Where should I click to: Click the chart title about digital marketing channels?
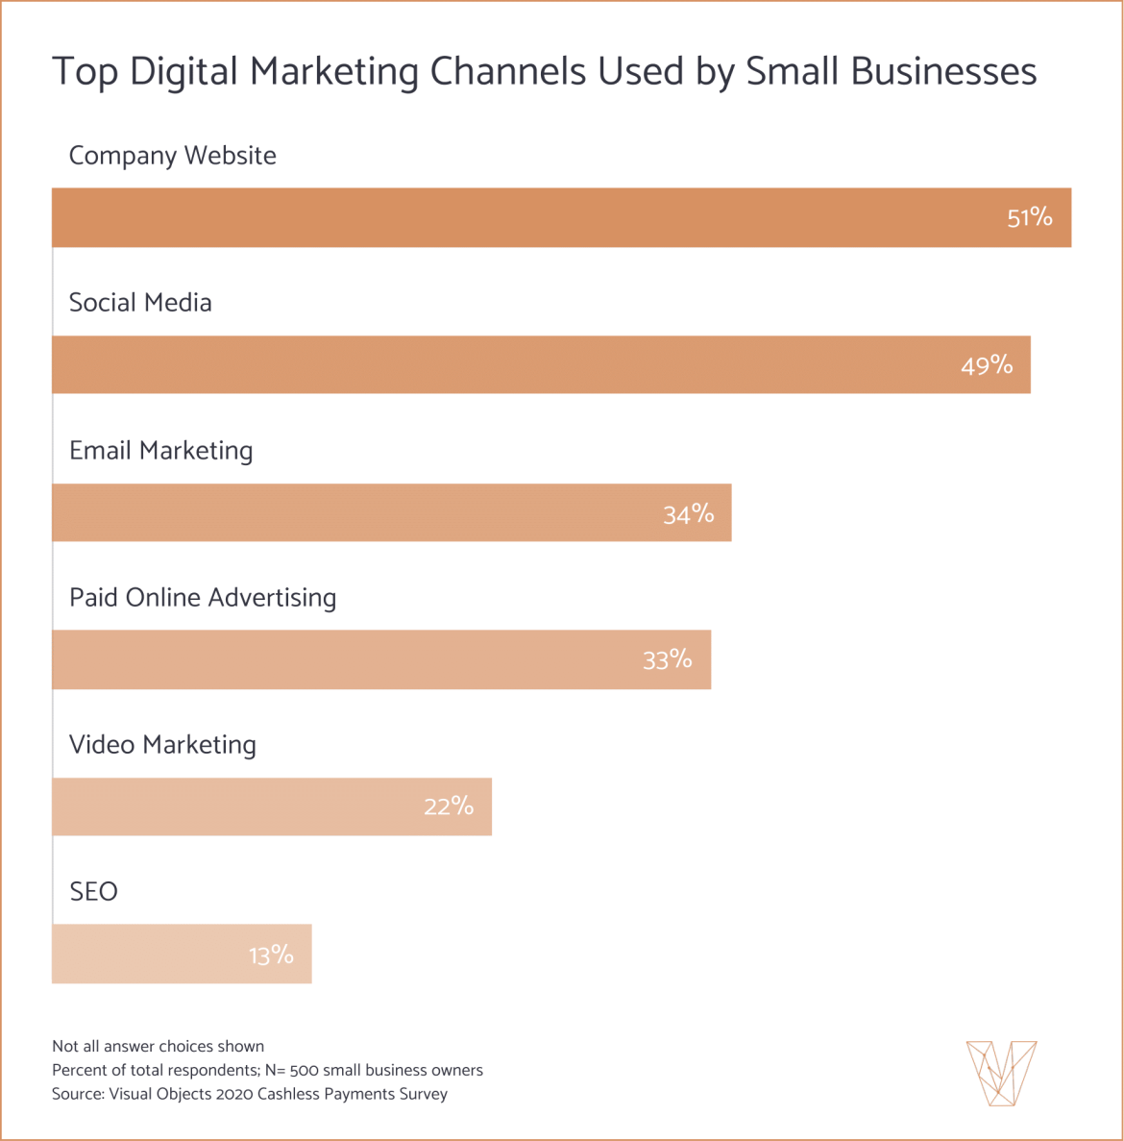tap(544, 72)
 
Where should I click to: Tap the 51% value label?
tap(1029, 217)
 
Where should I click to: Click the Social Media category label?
tap(140, 303)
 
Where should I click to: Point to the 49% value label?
tap(987, 365)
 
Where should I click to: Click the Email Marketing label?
tap(160, 451)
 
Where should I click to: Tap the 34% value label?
tap(688, 514)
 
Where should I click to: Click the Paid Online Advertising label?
tap(203, 598)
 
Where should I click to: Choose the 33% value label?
tap(667, 659)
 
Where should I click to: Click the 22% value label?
tap(449, 806)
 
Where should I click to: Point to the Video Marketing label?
tap(162, 745)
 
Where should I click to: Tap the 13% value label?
tap(271, 955)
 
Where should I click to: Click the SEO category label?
tap(93, 892)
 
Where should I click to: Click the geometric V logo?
tap(1001, 1072)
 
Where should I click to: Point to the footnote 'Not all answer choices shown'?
tap(158, 1046)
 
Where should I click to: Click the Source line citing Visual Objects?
tap(250, 1094)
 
